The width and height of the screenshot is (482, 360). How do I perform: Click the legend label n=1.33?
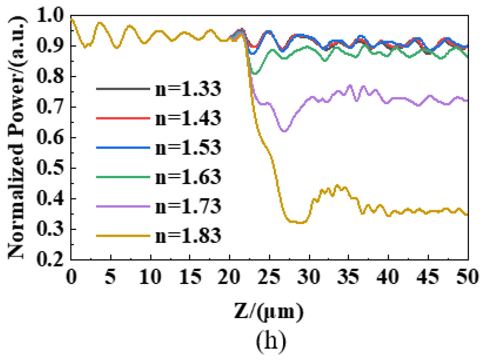pos(188,89)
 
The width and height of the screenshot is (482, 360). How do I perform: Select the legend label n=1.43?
pos(188,118)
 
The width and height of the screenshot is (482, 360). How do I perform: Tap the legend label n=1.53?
pos(188,147)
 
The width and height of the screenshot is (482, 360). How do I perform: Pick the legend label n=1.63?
pos(188,177)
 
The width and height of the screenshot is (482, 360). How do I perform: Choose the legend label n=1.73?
pos(188,206)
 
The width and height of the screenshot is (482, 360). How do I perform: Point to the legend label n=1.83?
pos(188,236)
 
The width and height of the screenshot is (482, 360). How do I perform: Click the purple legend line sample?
pos(123,206)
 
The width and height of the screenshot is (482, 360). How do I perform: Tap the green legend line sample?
pos(123,177)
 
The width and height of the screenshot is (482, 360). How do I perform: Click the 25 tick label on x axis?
pos(269,277)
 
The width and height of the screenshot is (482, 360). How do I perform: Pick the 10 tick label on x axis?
pos(150,277)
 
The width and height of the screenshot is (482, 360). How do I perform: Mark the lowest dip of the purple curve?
pos(284,131)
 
